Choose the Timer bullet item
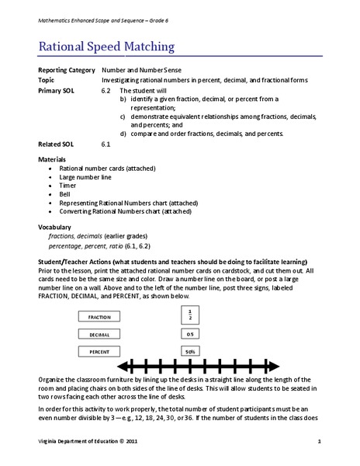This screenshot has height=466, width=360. [x=68, y=185]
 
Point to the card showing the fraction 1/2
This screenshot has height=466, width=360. [x=189, y=315]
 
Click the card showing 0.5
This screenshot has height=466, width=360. [x=189, y=334]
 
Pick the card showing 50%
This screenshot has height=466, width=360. [x=189, y=352]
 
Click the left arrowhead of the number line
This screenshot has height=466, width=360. [x=121, y=365]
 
